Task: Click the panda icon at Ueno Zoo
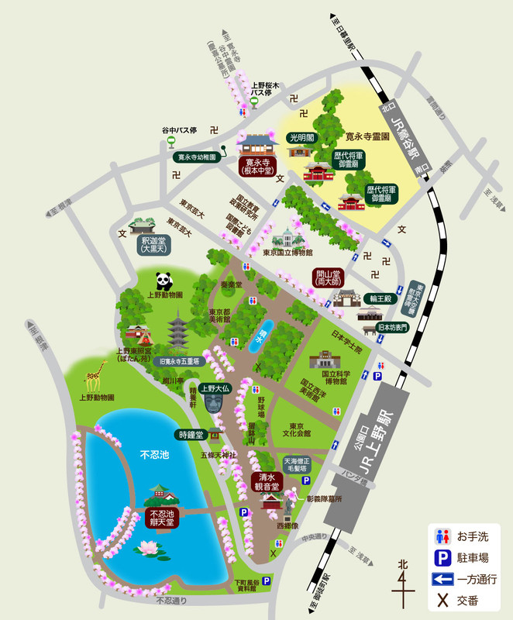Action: [164, 281]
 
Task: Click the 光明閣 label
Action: [302, 137]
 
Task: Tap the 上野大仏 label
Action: [214, 388]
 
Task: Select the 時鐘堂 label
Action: [191, 435]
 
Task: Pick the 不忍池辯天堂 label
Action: [164, 518]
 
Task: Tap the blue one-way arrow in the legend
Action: [442, 578]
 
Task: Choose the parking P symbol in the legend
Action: [442, 557]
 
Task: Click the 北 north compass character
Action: [401, 563]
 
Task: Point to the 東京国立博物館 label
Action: [287, 253]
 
